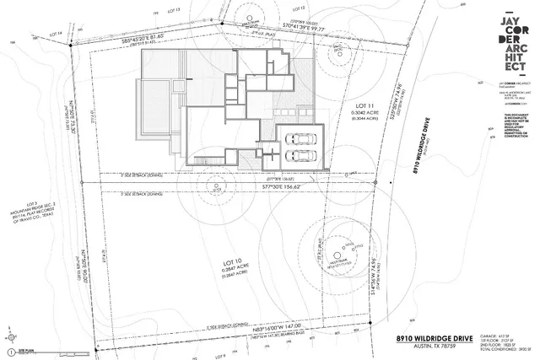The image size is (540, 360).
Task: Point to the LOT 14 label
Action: (x=57, y=34)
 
